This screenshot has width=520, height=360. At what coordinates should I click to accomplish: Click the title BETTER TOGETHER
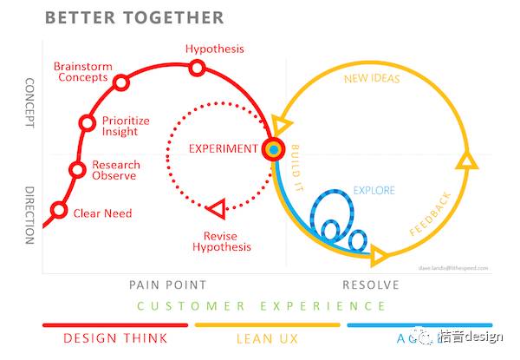pyautogui.click(x=133, y=17)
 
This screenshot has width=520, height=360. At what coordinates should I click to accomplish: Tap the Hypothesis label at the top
pyautogui.click(x=215, y=48)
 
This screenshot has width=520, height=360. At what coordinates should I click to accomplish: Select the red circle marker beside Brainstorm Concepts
pyautogui.click(x=121, y=82)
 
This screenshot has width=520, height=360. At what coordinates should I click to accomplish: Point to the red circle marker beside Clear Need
pyautogui.click(x=58, y=210)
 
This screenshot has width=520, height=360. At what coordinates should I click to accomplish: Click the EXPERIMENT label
pyautogui.click(x=224, y=148)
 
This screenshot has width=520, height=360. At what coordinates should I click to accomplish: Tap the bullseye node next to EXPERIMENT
pyautogui.click(x=274, y=149)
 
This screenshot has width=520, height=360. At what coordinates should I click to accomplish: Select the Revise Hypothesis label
pyautogui.click(x=227, y=241)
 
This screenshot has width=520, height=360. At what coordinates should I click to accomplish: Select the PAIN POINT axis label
pyautogui.click(x=167, y=285)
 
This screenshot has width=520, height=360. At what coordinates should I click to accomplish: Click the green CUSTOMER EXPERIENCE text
pyautogui.click(x=260, y=306)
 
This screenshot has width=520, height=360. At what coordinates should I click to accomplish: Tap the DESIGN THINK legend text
pyautogui.click(x=114, y=338)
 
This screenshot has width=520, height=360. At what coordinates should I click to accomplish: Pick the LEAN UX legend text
pyautogui.click(x=267, y=338)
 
